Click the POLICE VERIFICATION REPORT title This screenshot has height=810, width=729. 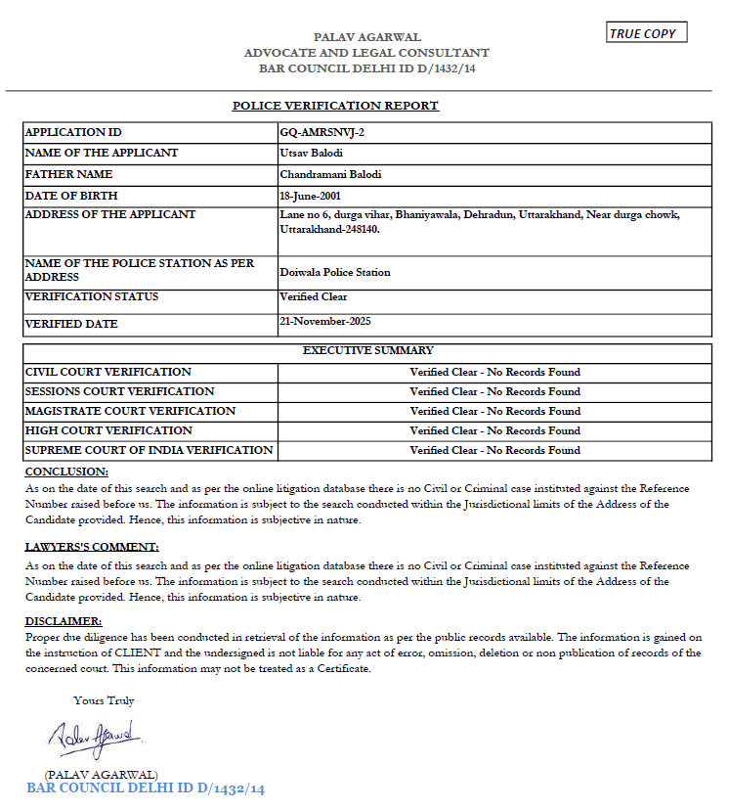click(335, 106)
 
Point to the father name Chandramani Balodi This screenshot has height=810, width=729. click(330, 174)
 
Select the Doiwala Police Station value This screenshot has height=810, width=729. click(334, 273)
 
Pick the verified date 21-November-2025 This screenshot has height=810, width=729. click(324, 321)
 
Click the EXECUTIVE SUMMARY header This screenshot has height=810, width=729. click(367, 350)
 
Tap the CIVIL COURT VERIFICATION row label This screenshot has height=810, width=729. click(108, 372)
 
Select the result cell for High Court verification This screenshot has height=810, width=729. click(494, 430)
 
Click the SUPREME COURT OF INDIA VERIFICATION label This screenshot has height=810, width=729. click(149, 450)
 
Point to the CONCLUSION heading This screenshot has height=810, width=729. click(65, 472)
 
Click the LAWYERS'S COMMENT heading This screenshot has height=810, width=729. click(91, 547)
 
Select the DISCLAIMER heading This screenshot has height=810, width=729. click(63, 621)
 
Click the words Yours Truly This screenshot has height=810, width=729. click(104, 700)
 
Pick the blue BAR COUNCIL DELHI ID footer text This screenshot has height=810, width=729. click(146, 788)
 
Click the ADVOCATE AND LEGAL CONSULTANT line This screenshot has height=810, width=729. click(366, 53)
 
